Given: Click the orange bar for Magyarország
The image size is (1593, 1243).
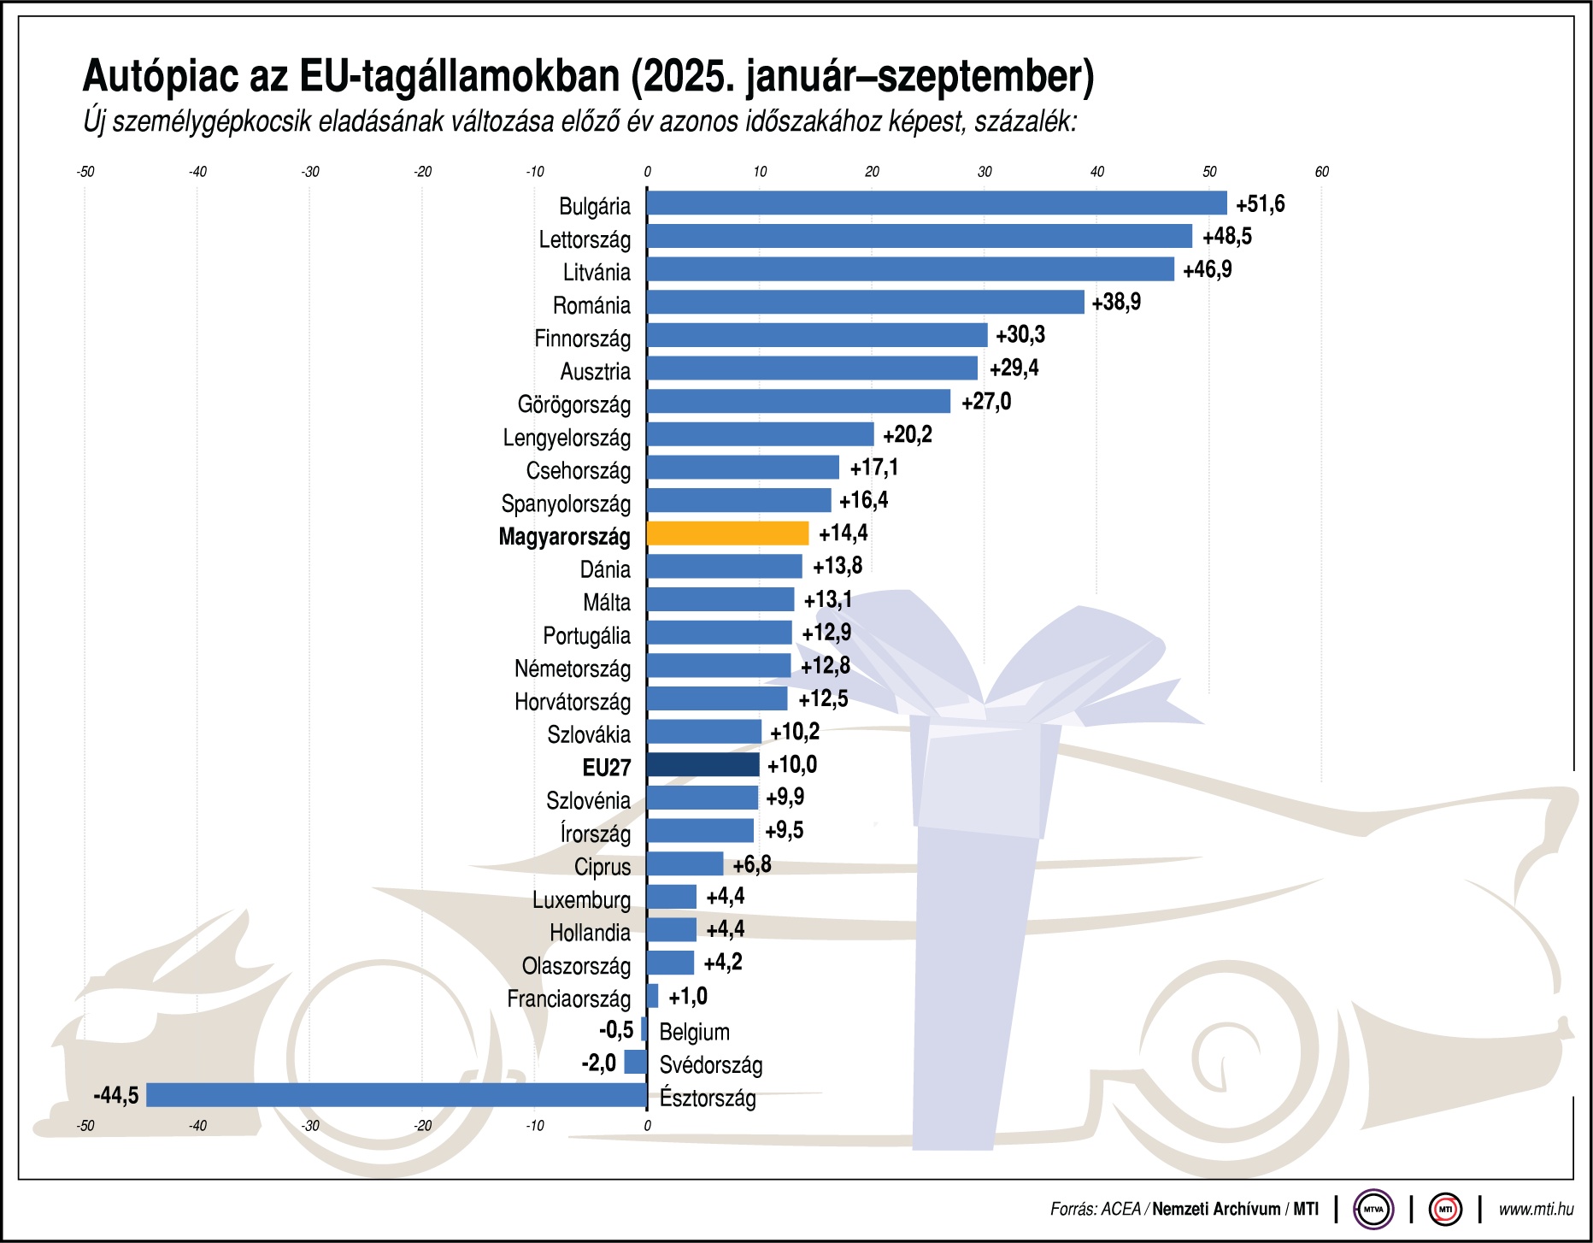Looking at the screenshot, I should pos(727,533).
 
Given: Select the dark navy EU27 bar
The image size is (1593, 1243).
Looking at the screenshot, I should pos(702,764).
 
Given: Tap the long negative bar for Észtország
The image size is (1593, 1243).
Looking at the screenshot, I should pos(397,1095).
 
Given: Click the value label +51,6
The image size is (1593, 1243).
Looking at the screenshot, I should pos(1260,204).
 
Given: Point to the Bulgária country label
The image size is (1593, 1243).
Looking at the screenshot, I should pos(594,206).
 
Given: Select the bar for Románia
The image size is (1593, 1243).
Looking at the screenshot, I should pos(865,302).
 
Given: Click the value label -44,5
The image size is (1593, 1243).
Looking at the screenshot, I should pos(115,1095).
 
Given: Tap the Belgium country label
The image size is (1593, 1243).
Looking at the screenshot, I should pos(694,1032).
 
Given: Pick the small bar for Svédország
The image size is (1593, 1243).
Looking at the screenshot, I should pos(635,1062).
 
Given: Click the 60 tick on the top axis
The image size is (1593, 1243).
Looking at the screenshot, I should pos(1321,172).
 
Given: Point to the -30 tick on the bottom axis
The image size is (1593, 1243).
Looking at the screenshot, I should pos(310,1126).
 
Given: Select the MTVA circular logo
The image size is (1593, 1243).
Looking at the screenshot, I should pos(1373,1210).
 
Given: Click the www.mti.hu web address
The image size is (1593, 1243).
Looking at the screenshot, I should pos(1536,1210).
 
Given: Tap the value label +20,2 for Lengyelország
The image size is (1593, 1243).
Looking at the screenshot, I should pos(907,435).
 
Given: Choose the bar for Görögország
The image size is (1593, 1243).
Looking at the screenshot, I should pos(798,401).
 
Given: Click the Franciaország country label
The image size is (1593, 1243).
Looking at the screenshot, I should pos(568,999).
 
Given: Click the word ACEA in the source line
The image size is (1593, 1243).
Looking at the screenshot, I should pos(1120,1210).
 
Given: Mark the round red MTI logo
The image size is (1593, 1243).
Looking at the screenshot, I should pos(1445,1210).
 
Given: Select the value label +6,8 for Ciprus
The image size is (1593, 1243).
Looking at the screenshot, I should pos(751,864).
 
